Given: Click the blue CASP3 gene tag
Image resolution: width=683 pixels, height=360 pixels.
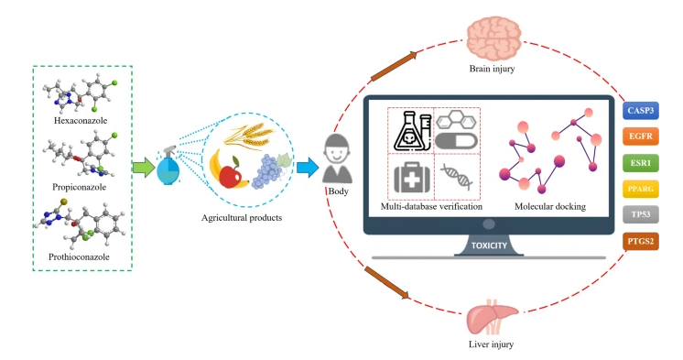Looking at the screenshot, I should coord(643,111).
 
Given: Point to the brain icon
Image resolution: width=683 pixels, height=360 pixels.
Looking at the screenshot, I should coord(493,38).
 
